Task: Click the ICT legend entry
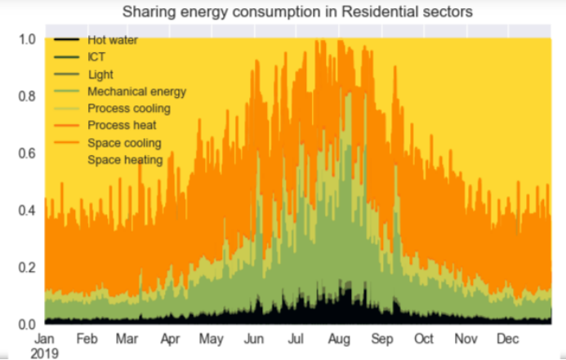point(97,57)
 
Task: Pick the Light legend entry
point(100,74)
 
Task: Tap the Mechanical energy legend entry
point(136,91)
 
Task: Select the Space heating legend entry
point(126,160)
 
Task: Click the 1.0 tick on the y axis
point(26,38)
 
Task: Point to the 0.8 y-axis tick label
point(26,96)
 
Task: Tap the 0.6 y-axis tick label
point(26,153)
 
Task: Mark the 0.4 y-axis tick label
point(26,210)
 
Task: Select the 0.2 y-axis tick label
point(26,267)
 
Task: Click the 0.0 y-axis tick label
point(26,324)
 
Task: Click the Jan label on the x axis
point(45,338)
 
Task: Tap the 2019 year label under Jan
point(45,352)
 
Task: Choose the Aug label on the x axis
point(338,338)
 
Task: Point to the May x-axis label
point(212,338)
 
